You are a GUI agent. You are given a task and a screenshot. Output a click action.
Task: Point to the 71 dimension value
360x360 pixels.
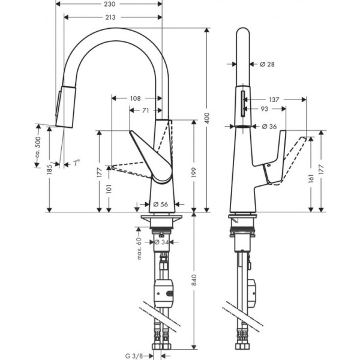click(145, 110)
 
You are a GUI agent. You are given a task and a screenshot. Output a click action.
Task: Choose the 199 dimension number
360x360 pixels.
click(196, 172)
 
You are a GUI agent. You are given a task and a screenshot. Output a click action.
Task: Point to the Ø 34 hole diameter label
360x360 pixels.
click(160, 242)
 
